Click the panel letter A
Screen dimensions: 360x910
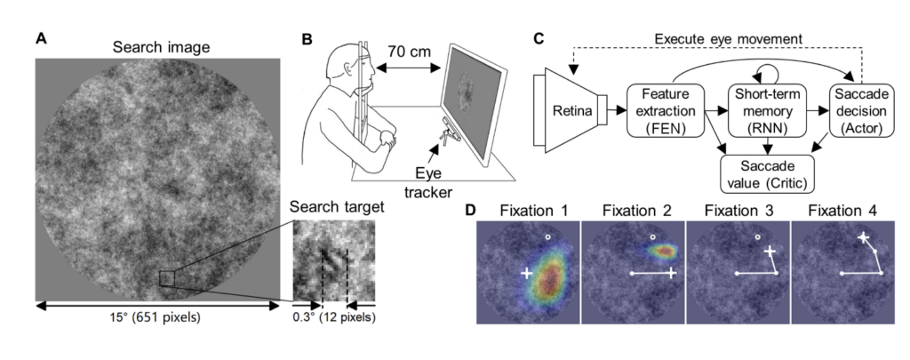tap(43, 39)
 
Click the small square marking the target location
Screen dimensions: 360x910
tap(166, 279)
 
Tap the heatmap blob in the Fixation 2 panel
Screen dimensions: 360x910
tap(661, 251)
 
